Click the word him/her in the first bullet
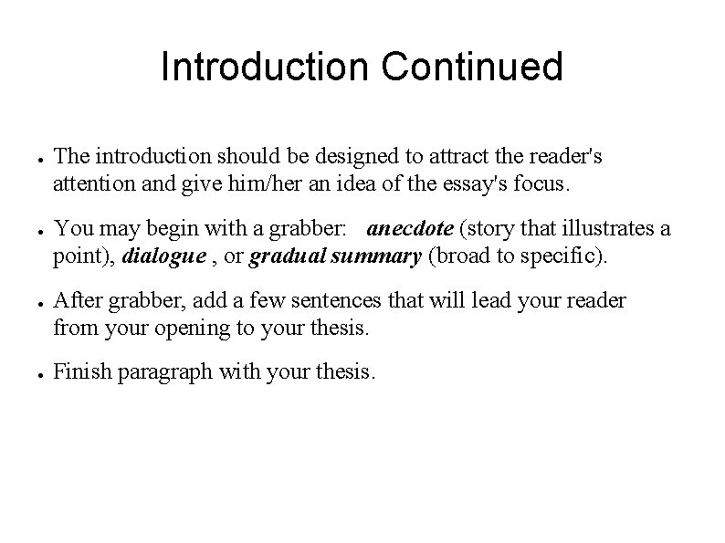(x=249, y=185)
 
